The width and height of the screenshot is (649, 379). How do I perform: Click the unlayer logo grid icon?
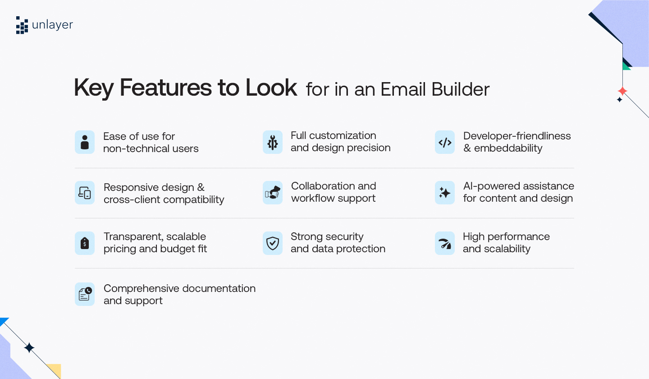[22, 25]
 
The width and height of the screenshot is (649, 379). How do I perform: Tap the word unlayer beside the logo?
[52, 25]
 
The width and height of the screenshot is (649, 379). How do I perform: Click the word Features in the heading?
[165, 88]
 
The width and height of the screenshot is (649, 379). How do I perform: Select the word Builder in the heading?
[460, 89]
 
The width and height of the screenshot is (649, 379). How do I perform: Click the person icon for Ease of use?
[85, 142]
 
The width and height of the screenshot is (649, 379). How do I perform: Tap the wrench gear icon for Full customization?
[272, 143]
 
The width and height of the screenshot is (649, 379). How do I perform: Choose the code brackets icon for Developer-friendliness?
[445, 143]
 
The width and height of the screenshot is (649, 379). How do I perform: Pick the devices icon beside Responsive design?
[85, 193]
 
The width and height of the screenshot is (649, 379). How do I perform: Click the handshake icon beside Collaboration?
[272, 193]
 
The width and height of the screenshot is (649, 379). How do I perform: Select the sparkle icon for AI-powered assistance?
[444, 193]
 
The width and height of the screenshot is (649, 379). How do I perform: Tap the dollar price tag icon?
[85, 243]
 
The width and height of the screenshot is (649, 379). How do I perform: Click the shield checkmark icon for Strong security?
[272, 243]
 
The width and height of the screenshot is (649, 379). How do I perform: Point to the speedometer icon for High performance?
[445, 244]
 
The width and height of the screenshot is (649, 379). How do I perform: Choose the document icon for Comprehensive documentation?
[85, 294]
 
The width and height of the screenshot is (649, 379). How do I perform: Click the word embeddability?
[508, 148]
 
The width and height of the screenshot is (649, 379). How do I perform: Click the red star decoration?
[622, 91]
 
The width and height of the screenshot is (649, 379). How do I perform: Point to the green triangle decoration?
[626, 66]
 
